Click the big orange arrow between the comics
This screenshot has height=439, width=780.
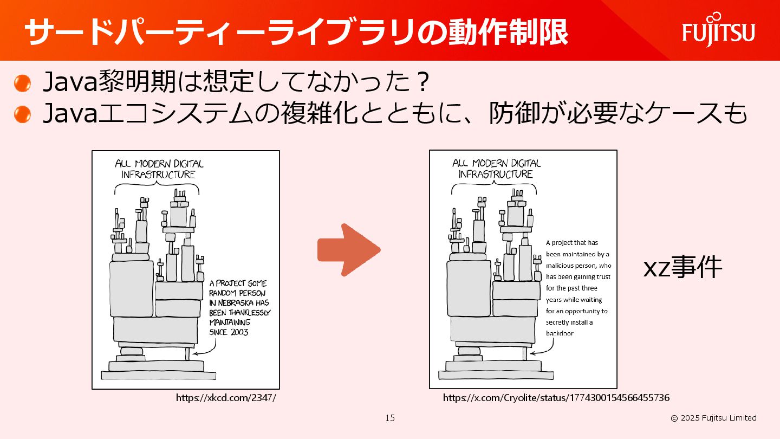(349, 250)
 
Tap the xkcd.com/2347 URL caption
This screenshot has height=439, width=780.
(226, 398)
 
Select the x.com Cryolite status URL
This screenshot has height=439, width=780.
(556, 398)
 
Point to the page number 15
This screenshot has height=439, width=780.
(390, 418)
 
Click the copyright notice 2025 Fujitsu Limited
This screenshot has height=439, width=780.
(713, 418)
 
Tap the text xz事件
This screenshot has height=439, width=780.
(682, 267)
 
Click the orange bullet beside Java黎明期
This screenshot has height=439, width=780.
(23, 83)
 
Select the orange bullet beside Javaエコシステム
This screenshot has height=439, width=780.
(23, 114)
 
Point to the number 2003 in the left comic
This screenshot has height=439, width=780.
(239, 332)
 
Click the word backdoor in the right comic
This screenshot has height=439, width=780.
(560, 333)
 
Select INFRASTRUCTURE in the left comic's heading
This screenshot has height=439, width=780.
(158, 175)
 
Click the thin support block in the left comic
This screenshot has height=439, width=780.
(187, 353)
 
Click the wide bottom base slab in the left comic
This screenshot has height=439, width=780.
(158, 376)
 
